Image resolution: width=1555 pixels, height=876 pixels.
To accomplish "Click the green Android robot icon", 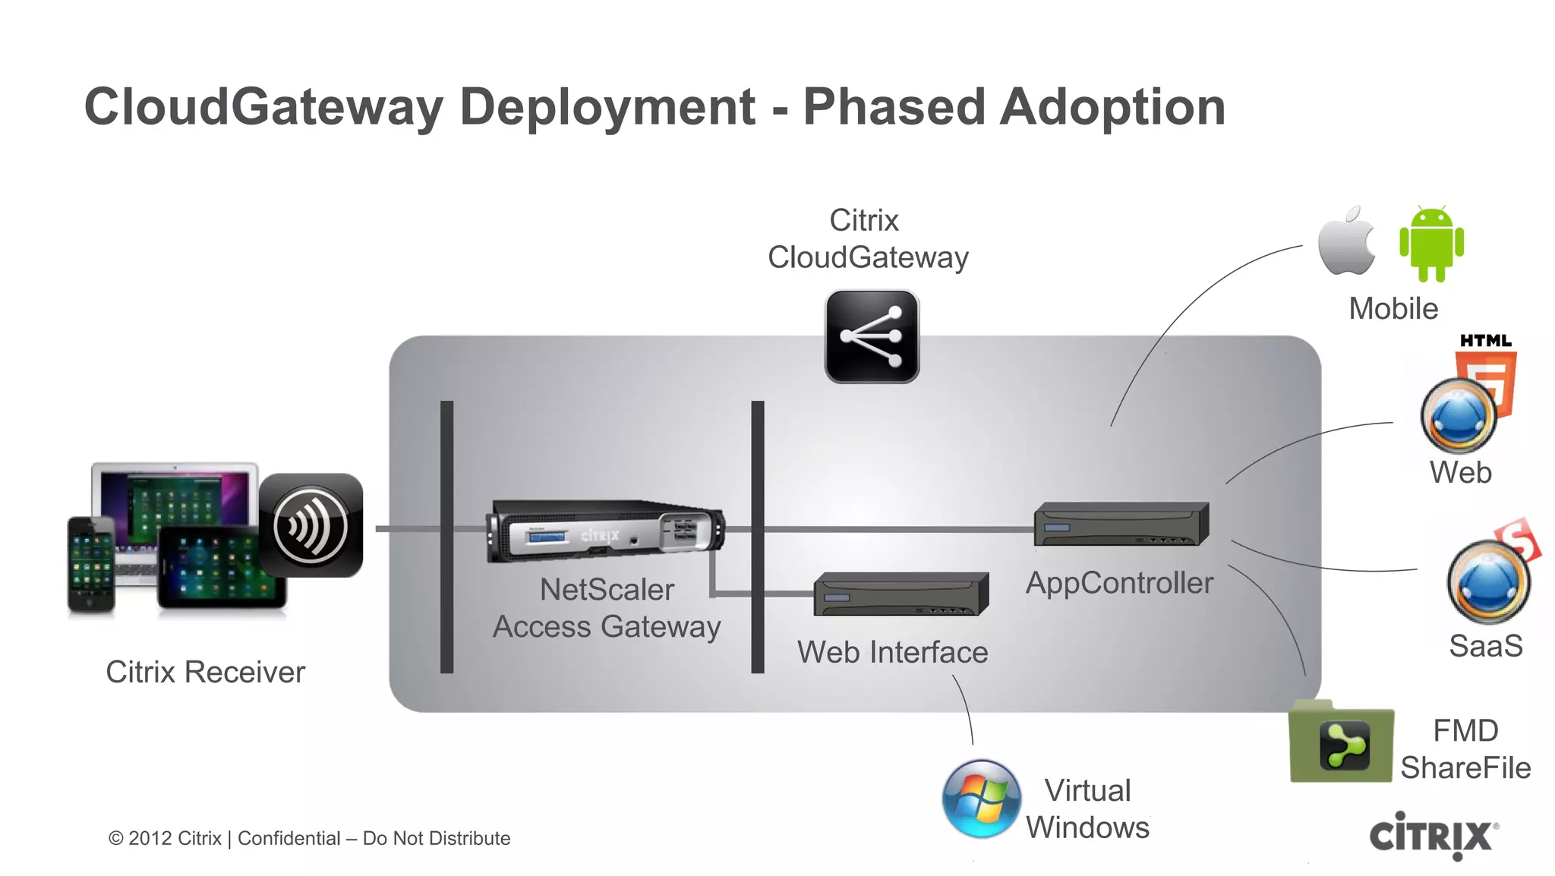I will [1431, 244].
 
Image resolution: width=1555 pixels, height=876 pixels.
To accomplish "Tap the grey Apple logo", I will [1346, 241].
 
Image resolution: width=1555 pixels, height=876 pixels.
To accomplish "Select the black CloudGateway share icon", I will [872, 336].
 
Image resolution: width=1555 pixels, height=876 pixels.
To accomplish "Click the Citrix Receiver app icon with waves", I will [311, 525].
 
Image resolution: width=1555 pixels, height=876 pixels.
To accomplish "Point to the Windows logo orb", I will [981, 799].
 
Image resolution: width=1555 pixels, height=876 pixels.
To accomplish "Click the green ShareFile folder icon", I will [1342, 743].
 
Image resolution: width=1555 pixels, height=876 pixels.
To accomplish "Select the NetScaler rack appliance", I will [605, 531].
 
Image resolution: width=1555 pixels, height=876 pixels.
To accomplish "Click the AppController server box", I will [1121, 524].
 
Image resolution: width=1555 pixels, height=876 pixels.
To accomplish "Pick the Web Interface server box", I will [901, 594].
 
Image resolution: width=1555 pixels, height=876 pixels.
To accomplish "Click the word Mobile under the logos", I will [1393, 309].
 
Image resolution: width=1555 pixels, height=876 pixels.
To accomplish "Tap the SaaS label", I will [1485, 646].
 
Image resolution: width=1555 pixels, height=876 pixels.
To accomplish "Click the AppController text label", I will [1119, 583].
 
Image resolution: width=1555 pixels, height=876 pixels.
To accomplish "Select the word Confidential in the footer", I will [289, 839].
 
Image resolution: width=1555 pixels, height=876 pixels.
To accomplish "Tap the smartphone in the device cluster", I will [91, 564].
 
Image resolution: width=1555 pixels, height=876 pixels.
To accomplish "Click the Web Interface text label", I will [892, 652].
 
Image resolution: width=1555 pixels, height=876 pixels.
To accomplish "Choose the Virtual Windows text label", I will [1087, 809].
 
